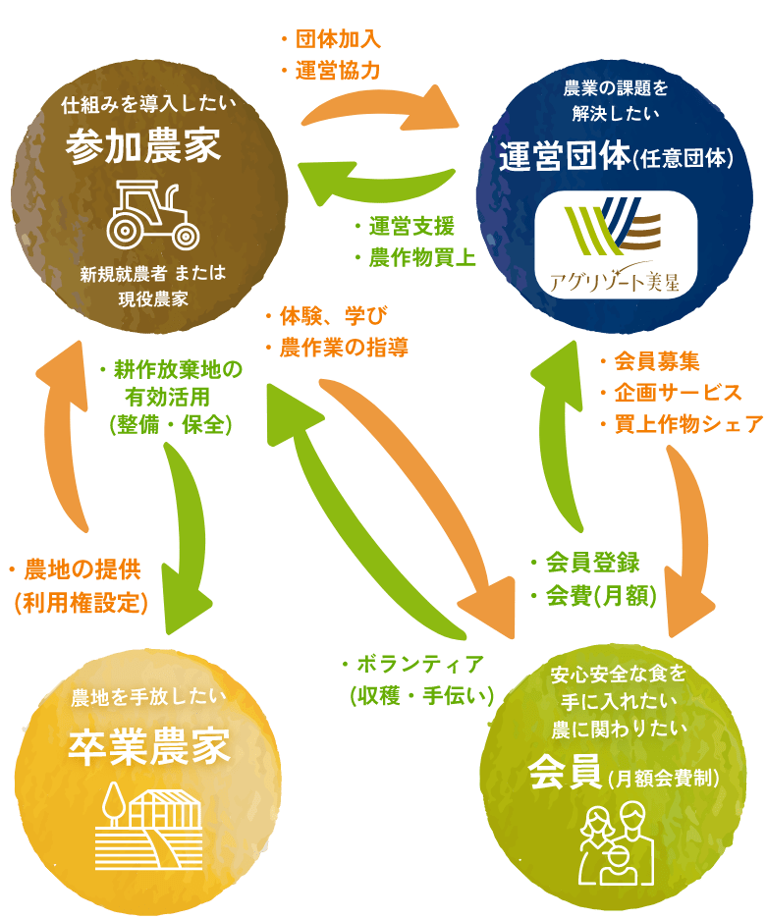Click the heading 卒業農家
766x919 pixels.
(x=149, y=748)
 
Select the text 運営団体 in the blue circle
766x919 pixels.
(x=562, y=155)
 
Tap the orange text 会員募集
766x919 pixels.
(x=653, y=360)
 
